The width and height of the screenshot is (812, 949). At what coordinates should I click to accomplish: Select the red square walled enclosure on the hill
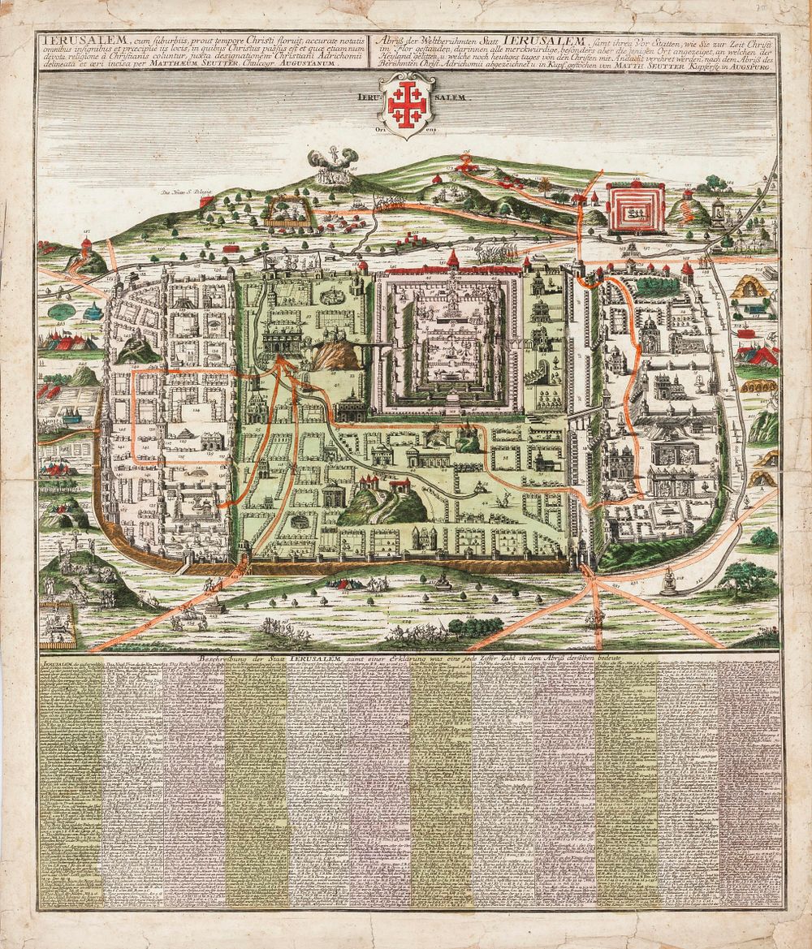coord(636,208)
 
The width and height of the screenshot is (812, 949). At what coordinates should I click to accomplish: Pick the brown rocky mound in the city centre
coord(332,355)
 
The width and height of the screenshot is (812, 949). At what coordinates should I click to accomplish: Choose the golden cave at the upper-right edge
coord(747,288)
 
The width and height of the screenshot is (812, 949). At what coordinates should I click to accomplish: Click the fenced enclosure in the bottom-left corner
coord(58,622)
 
